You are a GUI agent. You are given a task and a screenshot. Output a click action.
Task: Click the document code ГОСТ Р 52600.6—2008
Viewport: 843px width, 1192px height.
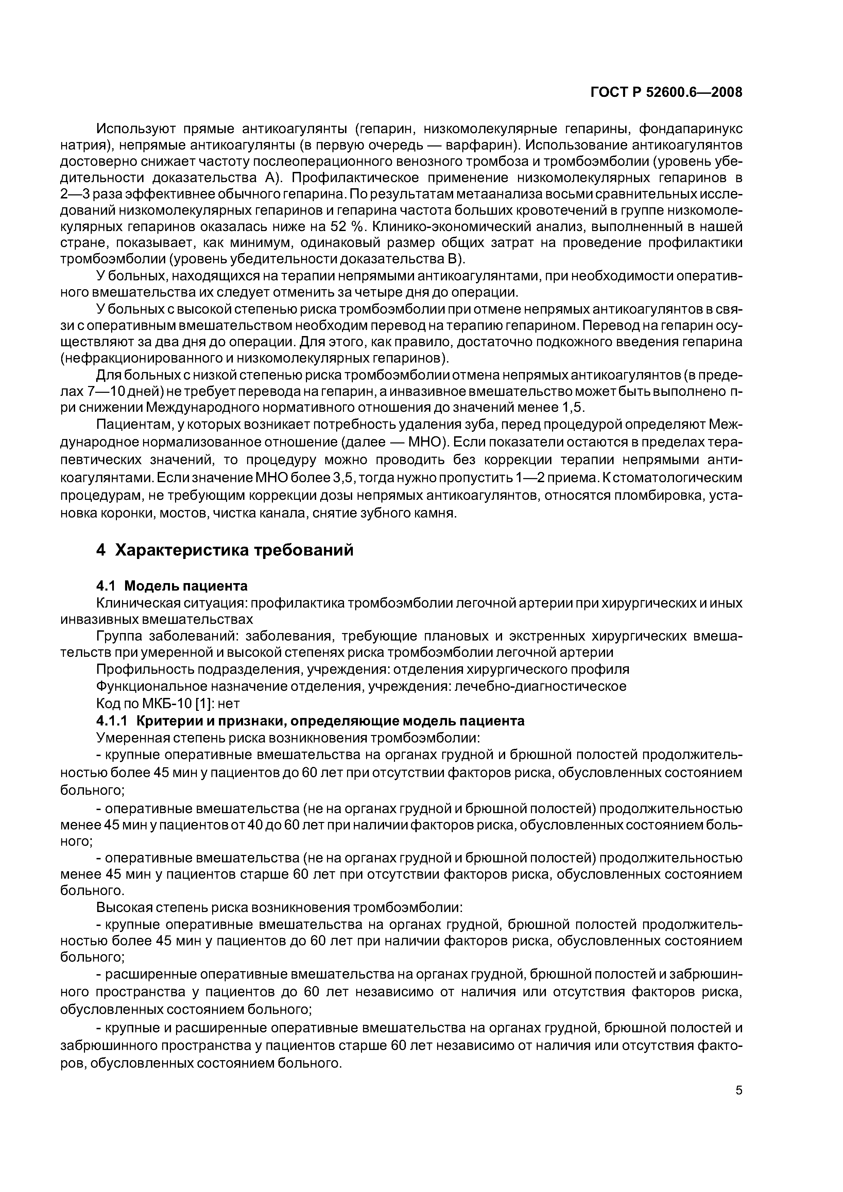666,92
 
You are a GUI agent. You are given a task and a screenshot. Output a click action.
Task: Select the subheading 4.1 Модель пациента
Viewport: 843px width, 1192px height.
172,585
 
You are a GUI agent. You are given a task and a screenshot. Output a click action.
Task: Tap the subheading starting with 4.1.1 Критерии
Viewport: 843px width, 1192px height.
310,721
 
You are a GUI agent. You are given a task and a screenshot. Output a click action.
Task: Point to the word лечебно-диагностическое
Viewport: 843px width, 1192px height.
540,686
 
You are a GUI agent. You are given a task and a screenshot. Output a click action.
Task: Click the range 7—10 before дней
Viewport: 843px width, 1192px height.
107,391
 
